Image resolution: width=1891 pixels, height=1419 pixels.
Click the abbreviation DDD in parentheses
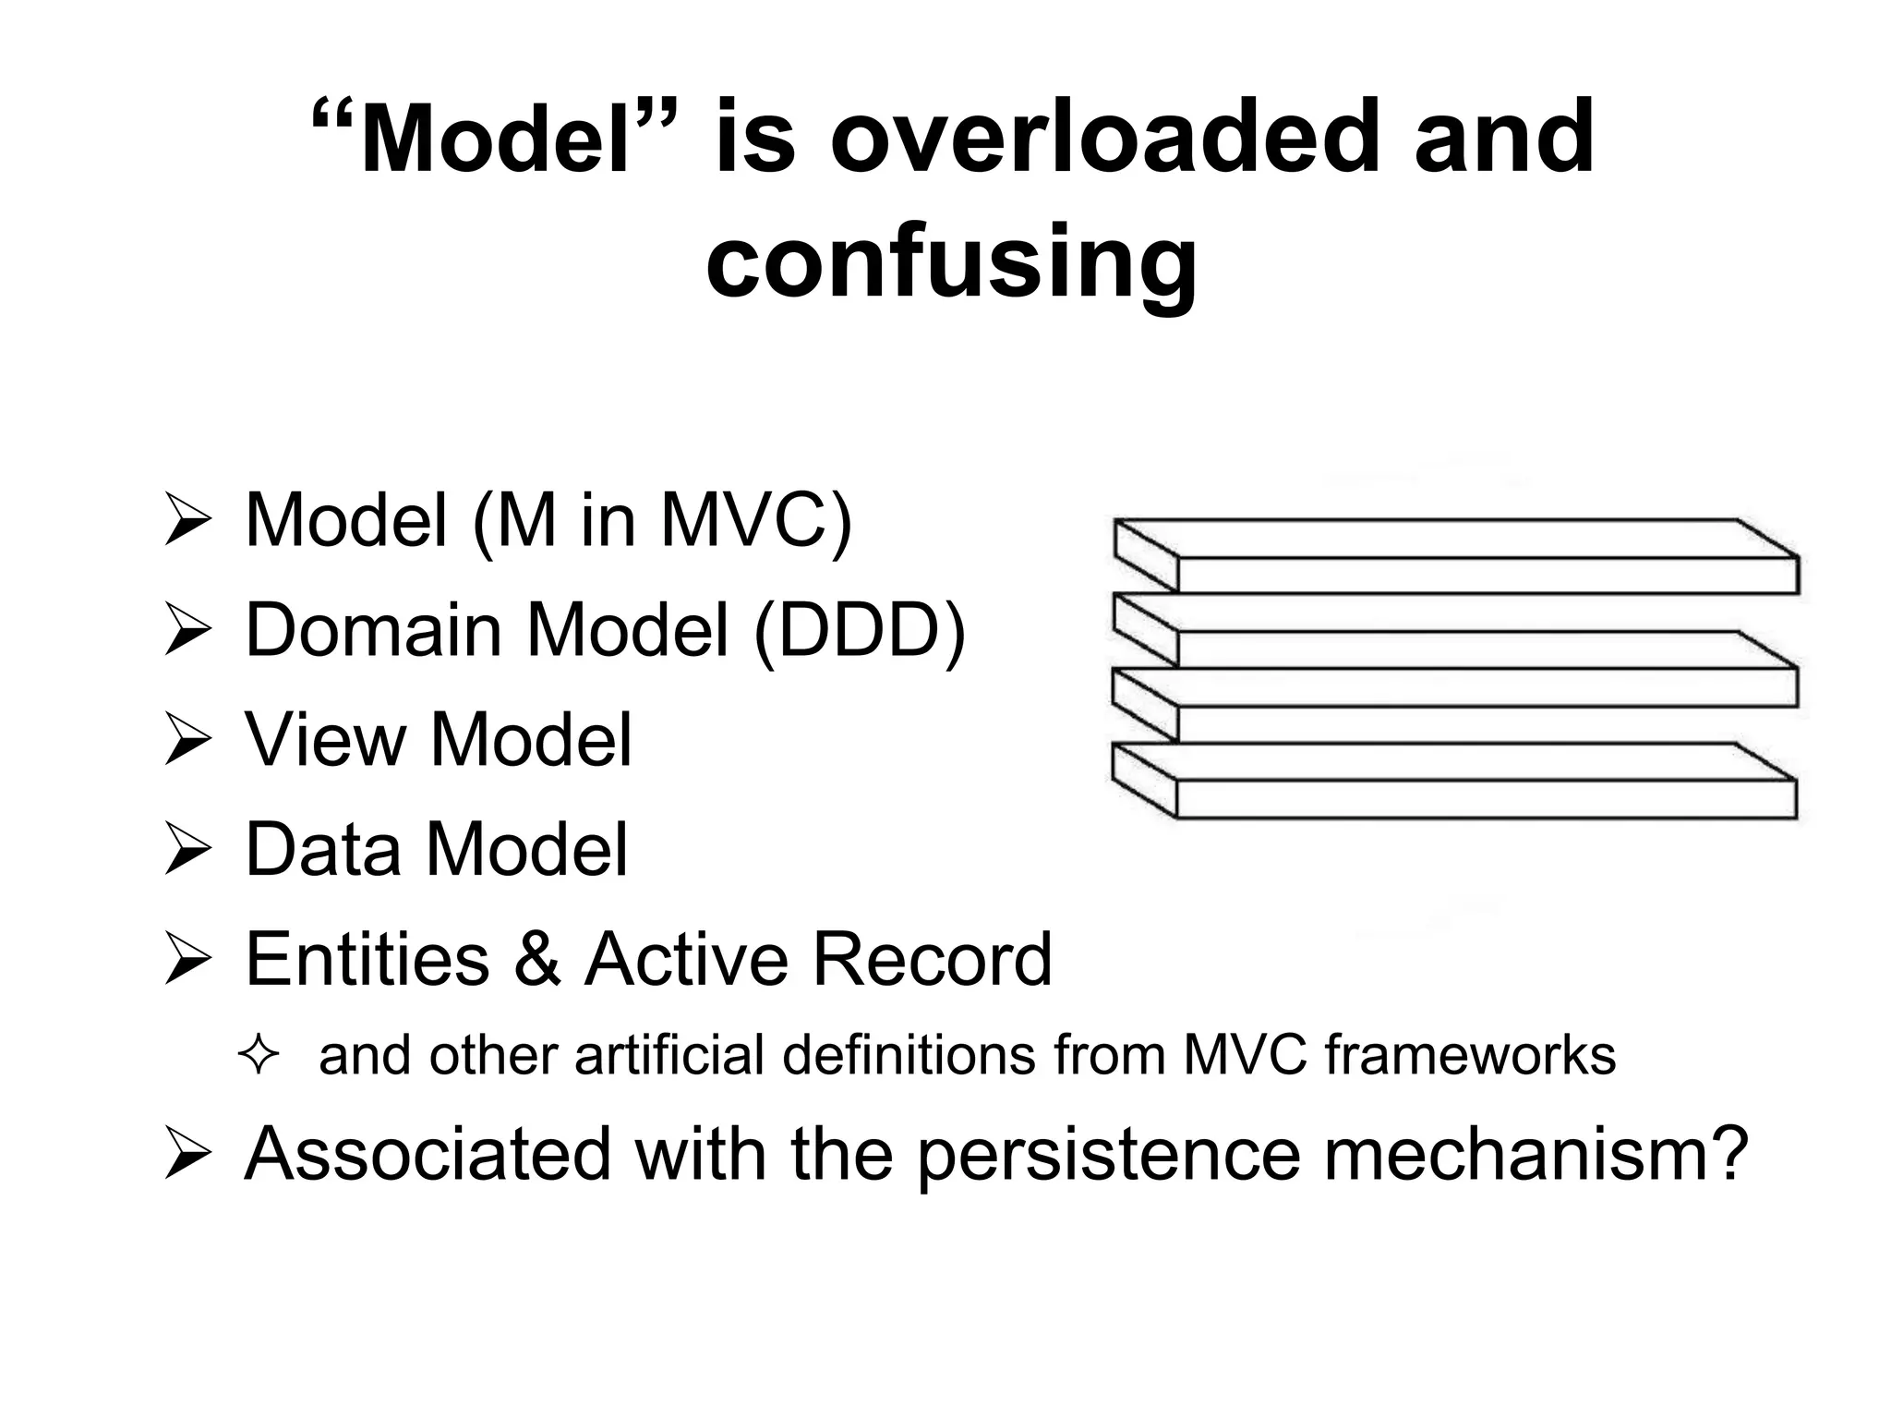[x=859, y=631]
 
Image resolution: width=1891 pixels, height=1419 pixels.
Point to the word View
[x=325, y=740]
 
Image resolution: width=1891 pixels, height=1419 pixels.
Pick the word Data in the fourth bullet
[x=324, y=849]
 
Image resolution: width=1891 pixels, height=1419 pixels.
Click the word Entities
[x=367, y=959]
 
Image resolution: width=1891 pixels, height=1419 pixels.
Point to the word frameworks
[x=1471, y=1055]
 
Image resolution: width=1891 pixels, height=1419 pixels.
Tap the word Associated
[x=428, y=1153]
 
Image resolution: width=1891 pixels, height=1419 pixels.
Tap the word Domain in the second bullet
[x=373, y=631]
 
